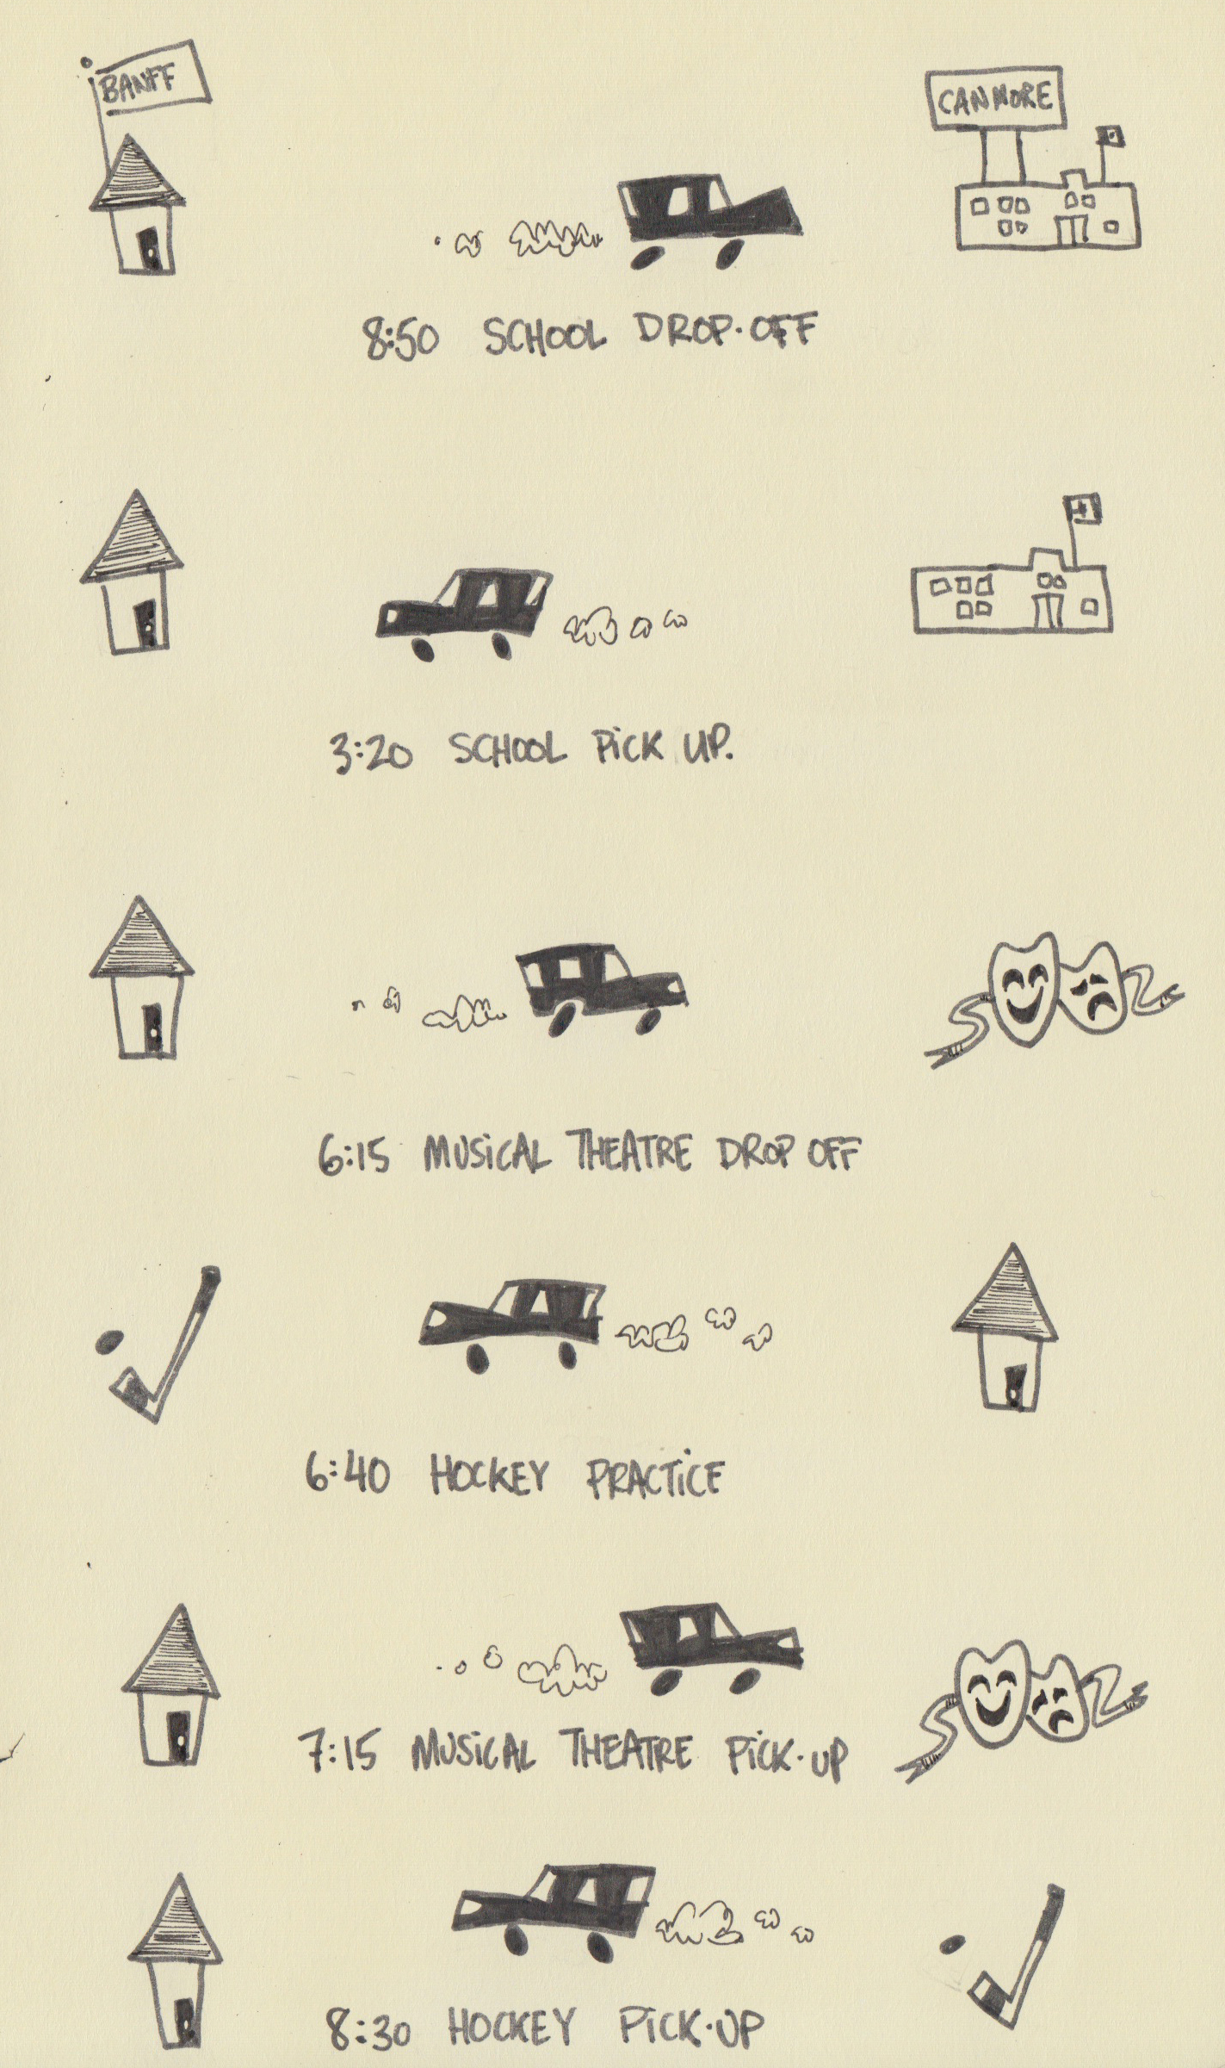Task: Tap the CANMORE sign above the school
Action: [x=995, y=99]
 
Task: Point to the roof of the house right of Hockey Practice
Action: [x=1005, y=1292]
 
